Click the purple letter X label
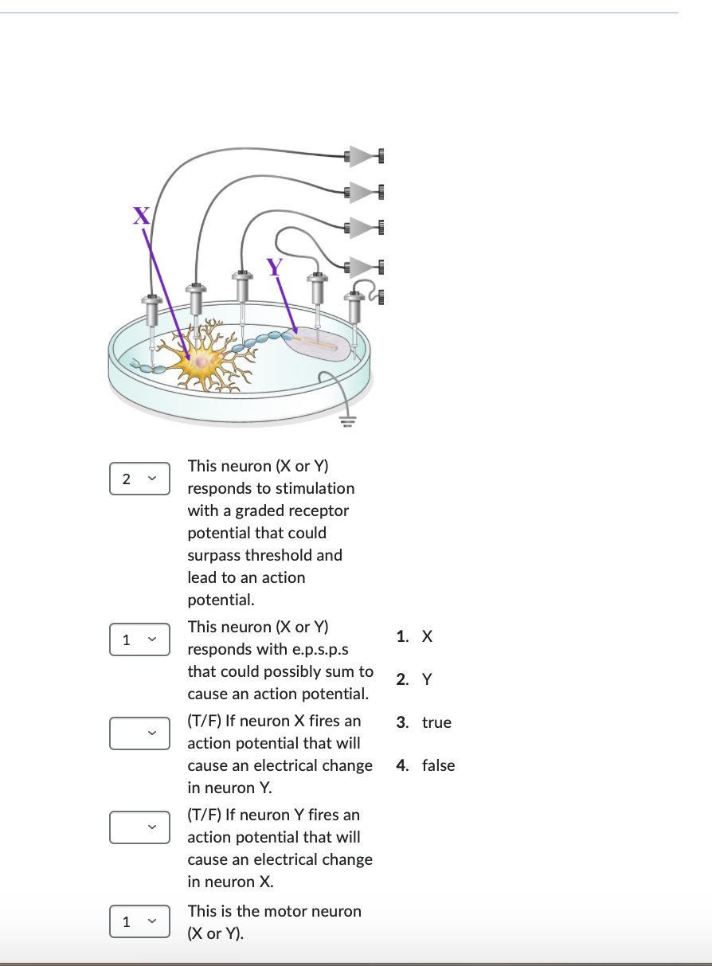click(141, 215)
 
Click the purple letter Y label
click(275, 267)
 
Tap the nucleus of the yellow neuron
click(203, 363)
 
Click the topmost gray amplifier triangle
click(362, 155)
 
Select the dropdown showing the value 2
click(139, 479)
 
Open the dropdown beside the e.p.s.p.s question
click(139, 639)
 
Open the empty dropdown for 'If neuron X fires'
click(139, 733)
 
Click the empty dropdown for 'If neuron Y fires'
click(139, 827)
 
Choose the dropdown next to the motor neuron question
click(139, 921)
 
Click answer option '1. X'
click(415, 636)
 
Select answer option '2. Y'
click(415, 679)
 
